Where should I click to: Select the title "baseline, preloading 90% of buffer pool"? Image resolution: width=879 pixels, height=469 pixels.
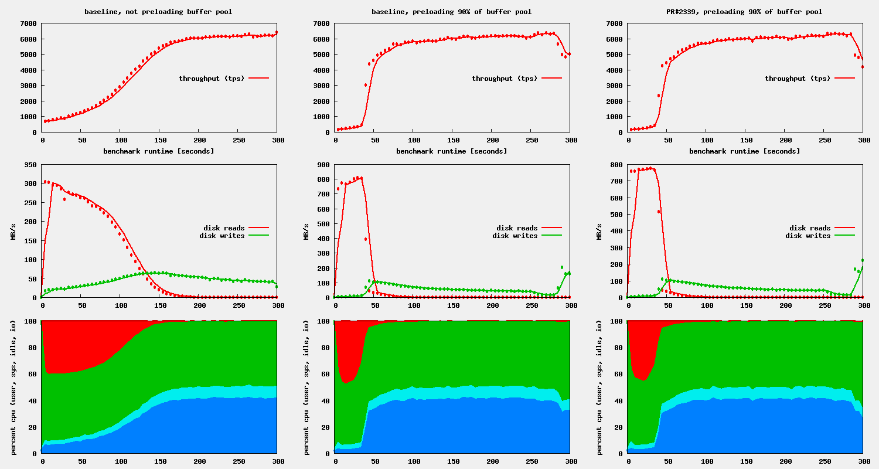click(451, 12)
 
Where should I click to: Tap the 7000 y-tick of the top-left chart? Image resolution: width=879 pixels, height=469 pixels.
click(28, 23)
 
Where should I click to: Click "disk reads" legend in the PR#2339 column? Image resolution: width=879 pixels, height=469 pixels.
click(810, 228)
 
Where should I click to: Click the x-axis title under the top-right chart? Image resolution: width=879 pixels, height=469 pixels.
click(744, 151)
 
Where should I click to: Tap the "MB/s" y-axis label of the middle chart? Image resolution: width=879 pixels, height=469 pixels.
click(306, 232)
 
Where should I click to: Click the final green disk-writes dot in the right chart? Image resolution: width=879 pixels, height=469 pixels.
click(863, 260)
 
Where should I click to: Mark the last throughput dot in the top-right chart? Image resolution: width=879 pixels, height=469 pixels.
click(863, 67)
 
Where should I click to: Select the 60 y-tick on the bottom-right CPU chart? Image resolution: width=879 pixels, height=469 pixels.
click(618, 373)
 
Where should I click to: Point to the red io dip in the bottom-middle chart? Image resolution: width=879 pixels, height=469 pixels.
click(349, 352)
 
